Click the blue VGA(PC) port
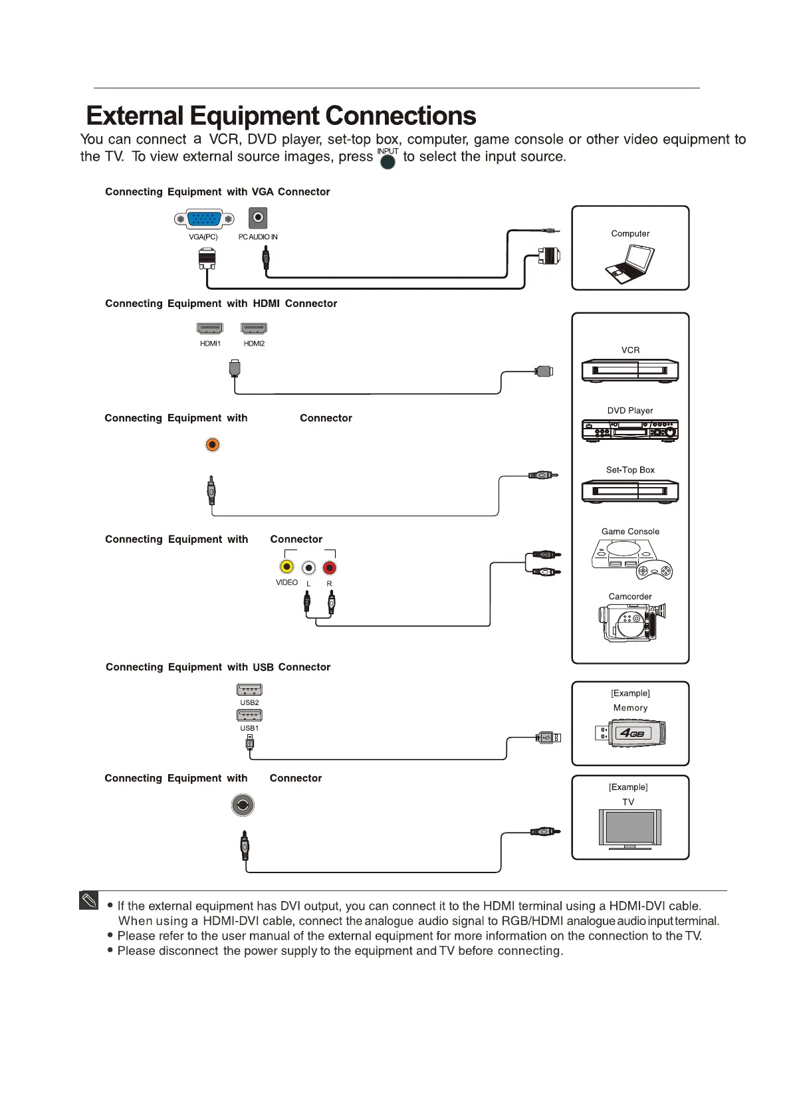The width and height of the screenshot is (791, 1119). coord(204,219)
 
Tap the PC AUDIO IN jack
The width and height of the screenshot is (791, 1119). coord(258,217)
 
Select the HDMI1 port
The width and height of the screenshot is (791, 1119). coord(210,328)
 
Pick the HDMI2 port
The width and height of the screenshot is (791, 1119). coord(254,328)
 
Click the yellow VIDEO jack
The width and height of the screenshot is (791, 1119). coord(286,567)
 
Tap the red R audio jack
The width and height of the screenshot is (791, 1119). coord(329,567)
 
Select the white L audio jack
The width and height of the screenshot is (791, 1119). coord(308,567)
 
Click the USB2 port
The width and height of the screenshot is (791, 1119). coord(249,690)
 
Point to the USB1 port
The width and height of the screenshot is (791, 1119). coord(249,715)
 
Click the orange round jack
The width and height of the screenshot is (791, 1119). coord(212,445)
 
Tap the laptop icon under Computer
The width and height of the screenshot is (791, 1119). coord(630,264)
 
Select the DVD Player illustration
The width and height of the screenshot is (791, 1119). coord(630,431)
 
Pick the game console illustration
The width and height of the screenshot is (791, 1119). coord(630,558)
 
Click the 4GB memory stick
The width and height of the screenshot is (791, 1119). coord(631,733)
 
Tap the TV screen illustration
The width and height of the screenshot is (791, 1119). coord(629,827)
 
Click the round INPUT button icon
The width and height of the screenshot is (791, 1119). coord(388,162)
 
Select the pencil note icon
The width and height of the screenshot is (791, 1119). coord(88,900)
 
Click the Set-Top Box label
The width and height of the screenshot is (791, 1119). coord(630,470)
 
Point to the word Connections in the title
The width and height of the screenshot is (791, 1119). coord(401,116)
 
